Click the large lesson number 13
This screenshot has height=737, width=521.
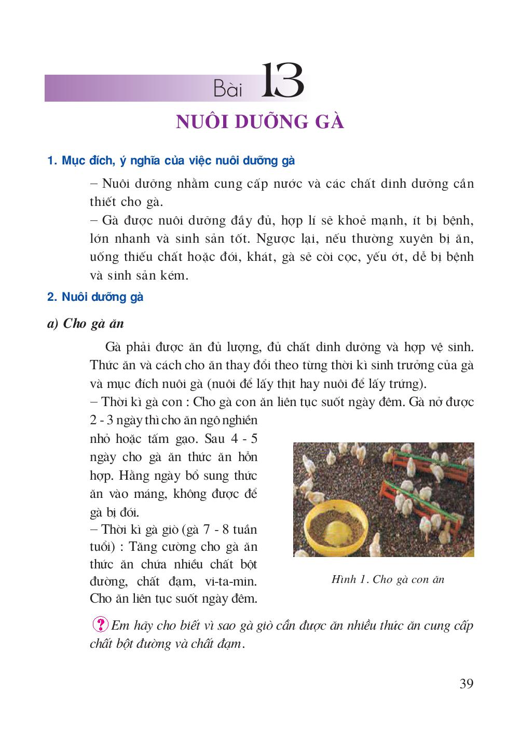click(282, 82)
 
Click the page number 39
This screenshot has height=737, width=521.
click(466, 684)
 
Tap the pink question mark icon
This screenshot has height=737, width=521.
click(99, 624)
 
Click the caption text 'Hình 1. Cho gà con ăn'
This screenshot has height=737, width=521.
click(388, 579)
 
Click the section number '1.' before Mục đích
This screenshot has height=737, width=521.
click(51, 161)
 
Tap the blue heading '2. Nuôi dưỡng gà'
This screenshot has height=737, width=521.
click(95, 297)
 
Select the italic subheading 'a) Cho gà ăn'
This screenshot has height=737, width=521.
click(86, 324)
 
